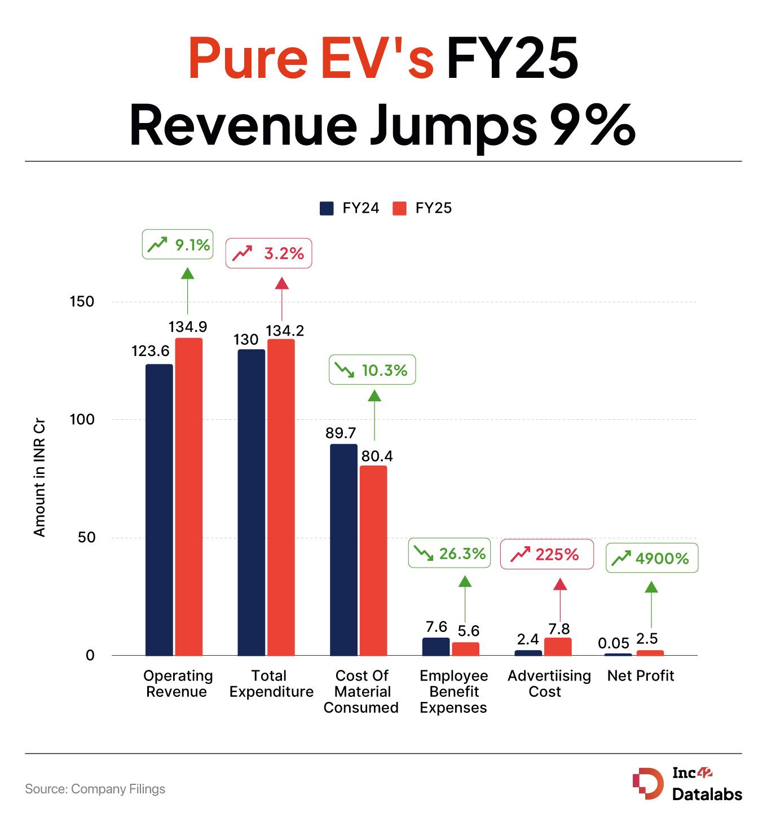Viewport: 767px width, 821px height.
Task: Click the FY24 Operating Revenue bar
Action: pyautogui.click(x=159, y=510)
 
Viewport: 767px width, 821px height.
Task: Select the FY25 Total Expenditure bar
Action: pyautogui.click(x=281, y=497)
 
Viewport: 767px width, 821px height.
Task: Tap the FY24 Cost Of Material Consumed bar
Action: pyautogui.click(x=343, y=550)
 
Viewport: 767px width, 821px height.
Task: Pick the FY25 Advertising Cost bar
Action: pyautogui.click(x=558, y=647)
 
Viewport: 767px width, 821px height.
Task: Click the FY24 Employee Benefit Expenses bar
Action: pyautogui.click(x=436, y=647)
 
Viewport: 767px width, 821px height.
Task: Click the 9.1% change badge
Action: pyautogui.click(x=178, y=245)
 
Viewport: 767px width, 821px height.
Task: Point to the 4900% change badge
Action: pyautogui.click(x=652, y=559)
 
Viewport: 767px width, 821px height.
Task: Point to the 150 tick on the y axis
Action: pyautogui.click(x=82, y=301)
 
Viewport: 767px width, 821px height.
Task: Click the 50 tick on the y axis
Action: pyautogui.click(x=86, y=537)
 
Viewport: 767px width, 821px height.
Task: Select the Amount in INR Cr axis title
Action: pyautogui.click(x=39, y=477)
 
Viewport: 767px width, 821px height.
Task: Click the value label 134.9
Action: pyautogui.click(x=188, y=327)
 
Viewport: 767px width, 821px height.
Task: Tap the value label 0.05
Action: pyautogui.click(x=614, y=643)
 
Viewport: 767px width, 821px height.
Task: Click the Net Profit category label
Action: pyautogui.click(x=641, y=676)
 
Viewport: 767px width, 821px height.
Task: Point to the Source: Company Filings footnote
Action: pyautogui.click(x=95, y=789)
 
